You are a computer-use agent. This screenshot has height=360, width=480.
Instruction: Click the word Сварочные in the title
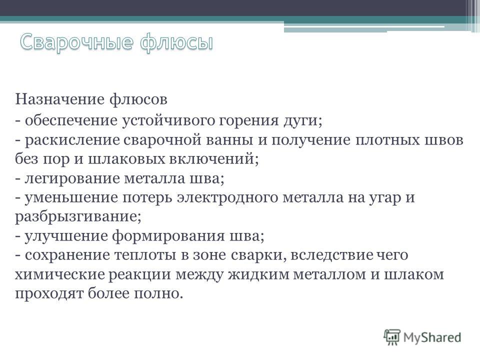click(77, 42)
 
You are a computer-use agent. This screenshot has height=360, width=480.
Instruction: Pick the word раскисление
click(72, 140)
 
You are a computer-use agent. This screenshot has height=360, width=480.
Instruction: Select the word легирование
click(72, 178)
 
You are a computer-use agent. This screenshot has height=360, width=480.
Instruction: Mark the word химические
click(60, 274)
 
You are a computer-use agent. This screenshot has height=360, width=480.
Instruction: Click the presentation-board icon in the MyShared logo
click(392, 337)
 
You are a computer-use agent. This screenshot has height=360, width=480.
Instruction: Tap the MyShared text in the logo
click(432, 337)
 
